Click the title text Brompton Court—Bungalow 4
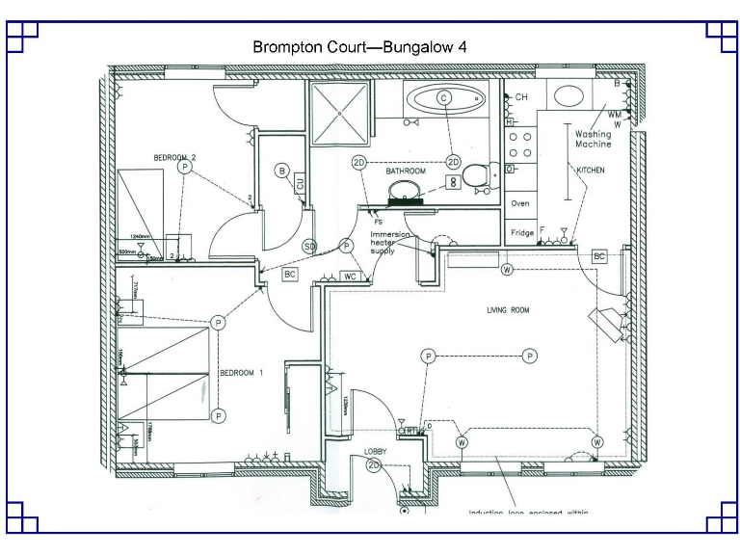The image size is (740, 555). click(359, 46)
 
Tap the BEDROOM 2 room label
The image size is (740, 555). click(174, 157)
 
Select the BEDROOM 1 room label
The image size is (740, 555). click(241, 373)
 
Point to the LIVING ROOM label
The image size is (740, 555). click(507, 310)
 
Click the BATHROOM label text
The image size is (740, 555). click(406, 171)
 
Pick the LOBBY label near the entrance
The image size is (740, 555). click(375, 451)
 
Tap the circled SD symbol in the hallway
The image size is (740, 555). click(309, 247)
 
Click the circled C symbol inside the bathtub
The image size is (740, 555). click(444, 98)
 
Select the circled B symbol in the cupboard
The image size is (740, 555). click(282, 172)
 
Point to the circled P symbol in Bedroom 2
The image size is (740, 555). click(184, 167)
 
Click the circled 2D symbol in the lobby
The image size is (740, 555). click(374, 466)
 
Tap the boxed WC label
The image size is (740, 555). click(352, 277)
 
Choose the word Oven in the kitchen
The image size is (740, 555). click(520, 203)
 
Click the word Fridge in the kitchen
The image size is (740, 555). click(522, 233)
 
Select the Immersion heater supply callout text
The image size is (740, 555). click(390, 244)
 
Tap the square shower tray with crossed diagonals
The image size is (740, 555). click(340, 112)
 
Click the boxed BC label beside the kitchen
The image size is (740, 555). click(598, 256)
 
